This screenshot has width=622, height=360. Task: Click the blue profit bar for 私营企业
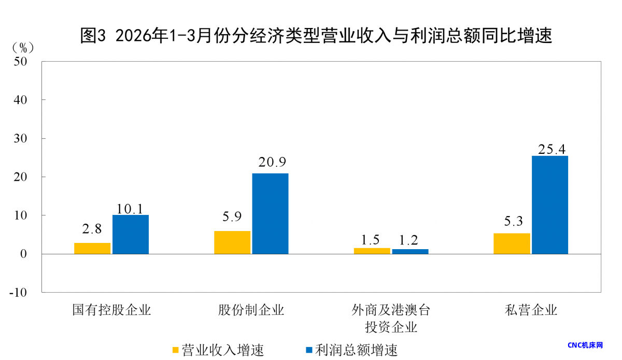tap(550, 205)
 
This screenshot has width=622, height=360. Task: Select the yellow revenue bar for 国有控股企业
tap(92, 248)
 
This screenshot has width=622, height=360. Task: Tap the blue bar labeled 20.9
tap(270, 213)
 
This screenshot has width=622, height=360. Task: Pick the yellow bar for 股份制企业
tap(232, 242)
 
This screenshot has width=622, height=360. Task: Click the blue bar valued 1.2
tap(410, 252)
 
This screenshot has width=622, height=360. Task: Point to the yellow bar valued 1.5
tap(372, 251)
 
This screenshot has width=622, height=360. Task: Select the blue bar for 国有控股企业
tap(131, 234)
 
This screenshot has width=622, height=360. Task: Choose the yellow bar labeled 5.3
tap(512, 243)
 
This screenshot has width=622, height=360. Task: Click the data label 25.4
tap(551, 150)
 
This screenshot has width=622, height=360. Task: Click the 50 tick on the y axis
tap(22, 61)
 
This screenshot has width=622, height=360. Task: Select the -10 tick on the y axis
tap(19, 292)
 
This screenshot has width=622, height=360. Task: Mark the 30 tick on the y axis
tap(22, 138)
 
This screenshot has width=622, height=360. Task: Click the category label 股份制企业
tap(251, 310)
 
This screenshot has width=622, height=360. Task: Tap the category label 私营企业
tap(531, 310)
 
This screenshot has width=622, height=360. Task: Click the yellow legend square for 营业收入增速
tap(175, 350)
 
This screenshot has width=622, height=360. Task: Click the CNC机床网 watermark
tap(585, 345)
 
